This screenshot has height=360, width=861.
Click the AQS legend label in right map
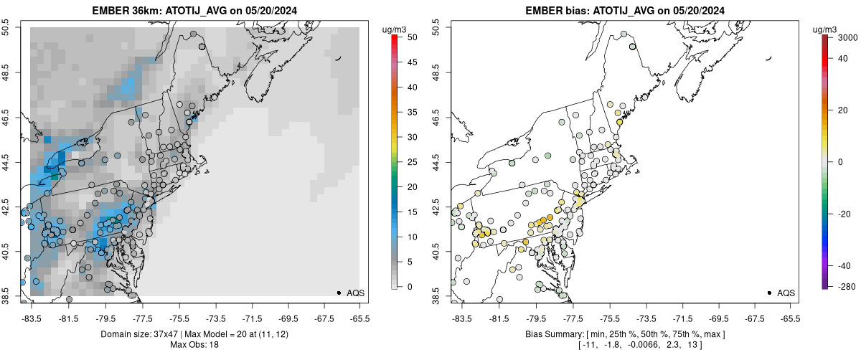(786, 293)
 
